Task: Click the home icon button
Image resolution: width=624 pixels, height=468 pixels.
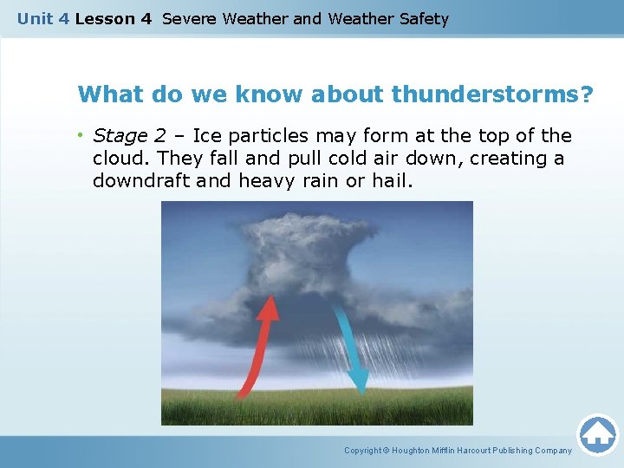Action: click(597, 434)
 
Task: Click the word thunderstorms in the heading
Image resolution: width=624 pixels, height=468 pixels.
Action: click(492, 94)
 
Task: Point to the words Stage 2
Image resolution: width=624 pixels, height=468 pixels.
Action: click(128, 136)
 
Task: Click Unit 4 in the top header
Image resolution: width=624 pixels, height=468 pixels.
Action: click(43, 19)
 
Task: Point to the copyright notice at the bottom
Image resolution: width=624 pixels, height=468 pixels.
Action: click(458, 451)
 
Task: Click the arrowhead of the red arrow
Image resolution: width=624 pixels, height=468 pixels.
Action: click(270, 306)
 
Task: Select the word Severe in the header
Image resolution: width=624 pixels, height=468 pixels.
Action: click(190, 19)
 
